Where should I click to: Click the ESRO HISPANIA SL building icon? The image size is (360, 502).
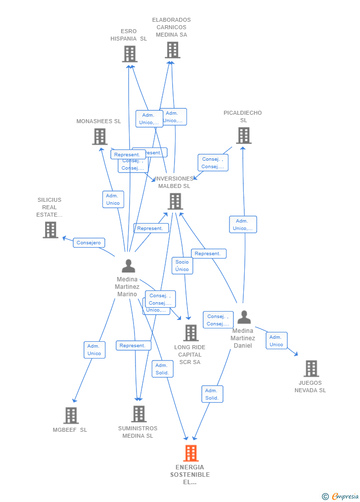[x=130, y=54]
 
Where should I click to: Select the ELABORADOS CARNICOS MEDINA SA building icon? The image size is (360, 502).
[x=173, y=50]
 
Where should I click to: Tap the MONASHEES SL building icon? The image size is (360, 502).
[x=100, y=137]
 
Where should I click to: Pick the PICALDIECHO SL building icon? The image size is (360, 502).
[x=243, y=136]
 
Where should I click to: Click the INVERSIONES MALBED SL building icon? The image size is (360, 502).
[x=175, y=201]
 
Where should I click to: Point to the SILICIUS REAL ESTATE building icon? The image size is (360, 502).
[x=50, y=230]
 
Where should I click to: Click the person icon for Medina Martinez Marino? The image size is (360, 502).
[x=129, y=266]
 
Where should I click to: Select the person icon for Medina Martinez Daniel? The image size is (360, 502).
[x=244, y=317]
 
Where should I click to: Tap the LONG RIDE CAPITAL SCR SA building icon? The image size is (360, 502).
[x=191, y=333]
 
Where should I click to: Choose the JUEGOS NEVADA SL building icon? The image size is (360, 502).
[x=311, y=368]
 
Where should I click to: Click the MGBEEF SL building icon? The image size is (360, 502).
[x=71, y=415]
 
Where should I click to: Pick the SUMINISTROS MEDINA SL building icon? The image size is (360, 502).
[x=139, y=414]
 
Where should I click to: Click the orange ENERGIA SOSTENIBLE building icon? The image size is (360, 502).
[x=191, y=453]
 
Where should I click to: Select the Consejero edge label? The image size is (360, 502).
[x=89, y=243]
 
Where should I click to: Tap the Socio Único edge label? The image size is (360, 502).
[x=182, y=266]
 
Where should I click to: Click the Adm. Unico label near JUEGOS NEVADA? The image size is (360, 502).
[x=276, y=341]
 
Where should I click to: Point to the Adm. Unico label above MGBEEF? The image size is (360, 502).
[x=94, y=350]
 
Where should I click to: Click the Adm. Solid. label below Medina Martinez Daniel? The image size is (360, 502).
[x=212, y=394]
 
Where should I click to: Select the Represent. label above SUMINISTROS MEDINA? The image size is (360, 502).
[x=133, y=346]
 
